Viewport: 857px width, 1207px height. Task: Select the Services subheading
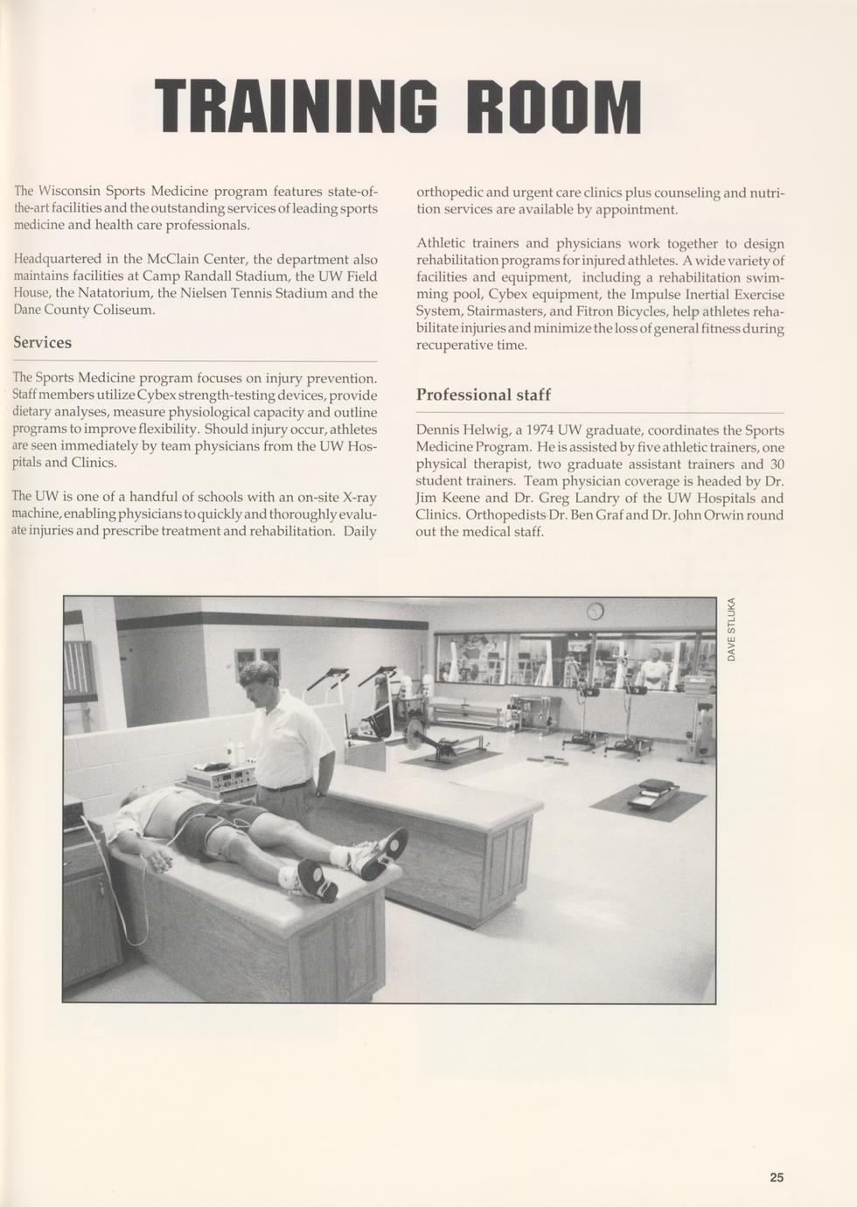[x=42, y=342]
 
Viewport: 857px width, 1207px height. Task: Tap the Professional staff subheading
[x=483, y=394]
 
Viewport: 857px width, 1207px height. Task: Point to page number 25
[x=777, y=1177]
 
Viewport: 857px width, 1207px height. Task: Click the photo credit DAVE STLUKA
[x=732, y=629]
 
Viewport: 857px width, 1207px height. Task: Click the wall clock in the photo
[x=595, y=610]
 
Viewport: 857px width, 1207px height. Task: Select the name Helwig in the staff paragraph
[x=488, y=430]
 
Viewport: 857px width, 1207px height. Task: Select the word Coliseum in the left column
[x=123, y=310]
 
